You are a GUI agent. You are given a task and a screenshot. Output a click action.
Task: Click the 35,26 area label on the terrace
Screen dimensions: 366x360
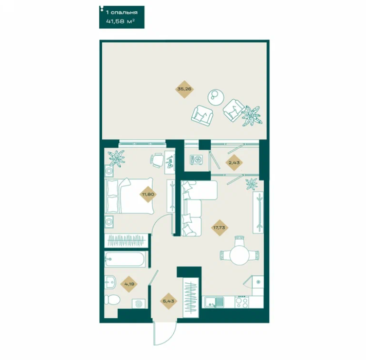[185, 89]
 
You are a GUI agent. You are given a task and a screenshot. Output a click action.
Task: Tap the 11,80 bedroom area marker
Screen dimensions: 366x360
[148, 194]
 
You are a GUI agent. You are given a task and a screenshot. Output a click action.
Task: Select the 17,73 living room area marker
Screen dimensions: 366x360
[219, 227]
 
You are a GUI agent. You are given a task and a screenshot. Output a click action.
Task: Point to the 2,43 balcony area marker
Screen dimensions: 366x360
[234, 163]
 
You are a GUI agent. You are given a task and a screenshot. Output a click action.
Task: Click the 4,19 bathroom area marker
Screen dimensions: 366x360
[129, 284]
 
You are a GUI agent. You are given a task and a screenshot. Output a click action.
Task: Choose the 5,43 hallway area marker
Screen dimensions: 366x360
[169, 301]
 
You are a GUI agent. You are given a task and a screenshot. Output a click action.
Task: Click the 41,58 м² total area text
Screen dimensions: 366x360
[120, 22]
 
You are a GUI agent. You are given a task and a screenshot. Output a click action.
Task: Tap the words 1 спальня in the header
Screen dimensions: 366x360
[122, 12]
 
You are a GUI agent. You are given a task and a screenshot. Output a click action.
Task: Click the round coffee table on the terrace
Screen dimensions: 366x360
[216, 97]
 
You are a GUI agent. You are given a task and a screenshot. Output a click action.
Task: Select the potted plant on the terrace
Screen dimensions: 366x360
[252, 116]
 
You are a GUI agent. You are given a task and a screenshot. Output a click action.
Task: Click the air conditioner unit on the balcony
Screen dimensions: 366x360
[196, 160]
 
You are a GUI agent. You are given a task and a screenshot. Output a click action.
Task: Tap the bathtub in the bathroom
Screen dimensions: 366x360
[125, 259]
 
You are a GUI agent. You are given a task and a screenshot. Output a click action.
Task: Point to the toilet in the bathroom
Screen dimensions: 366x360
[112, 300]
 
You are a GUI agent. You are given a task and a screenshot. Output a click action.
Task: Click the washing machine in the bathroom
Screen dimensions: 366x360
[138, 304]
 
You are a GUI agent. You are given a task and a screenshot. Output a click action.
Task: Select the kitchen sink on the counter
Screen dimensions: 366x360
[214, 302]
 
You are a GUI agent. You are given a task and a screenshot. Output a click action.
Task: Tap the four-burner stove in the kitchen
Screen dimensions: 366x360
[242, 302]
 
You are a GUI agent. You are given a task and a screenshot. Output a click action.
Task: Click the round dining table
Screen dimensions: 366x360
[239, 255]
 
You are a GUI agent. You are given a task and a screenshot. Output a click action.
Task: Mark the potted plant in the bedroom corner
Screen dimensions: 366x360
[117, 158]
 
